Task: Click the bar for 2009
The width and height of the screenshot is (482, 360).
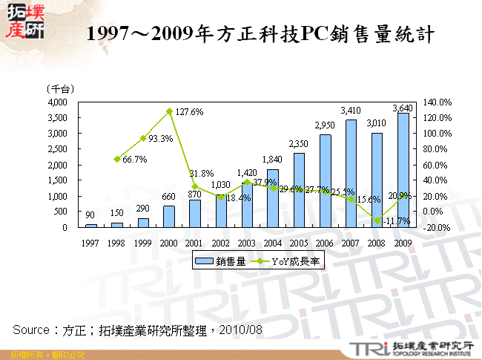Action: pyautogui.click(x=403, y=171)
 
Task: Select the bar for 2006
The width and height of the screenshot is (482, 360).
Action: pyautogui.click(x=325, y=182)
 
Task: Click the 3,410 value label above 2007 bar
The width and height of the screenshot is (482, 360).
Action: pyautogui.click(x=351, y=111)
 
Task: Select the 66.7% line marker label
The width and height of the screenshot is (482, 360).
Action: pyautogui.click(x=134, y=159)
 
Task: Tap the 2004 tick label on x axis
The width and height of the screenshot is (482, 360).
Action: pyautogui.click(x=273, y=241)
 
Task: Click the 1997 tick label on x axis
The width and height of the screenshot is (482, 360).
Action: pyautogui.click(x=91, y=241)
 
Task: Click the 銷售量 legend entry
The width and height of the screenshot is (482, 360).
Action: pyautogui.click(x=219, y=261)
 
